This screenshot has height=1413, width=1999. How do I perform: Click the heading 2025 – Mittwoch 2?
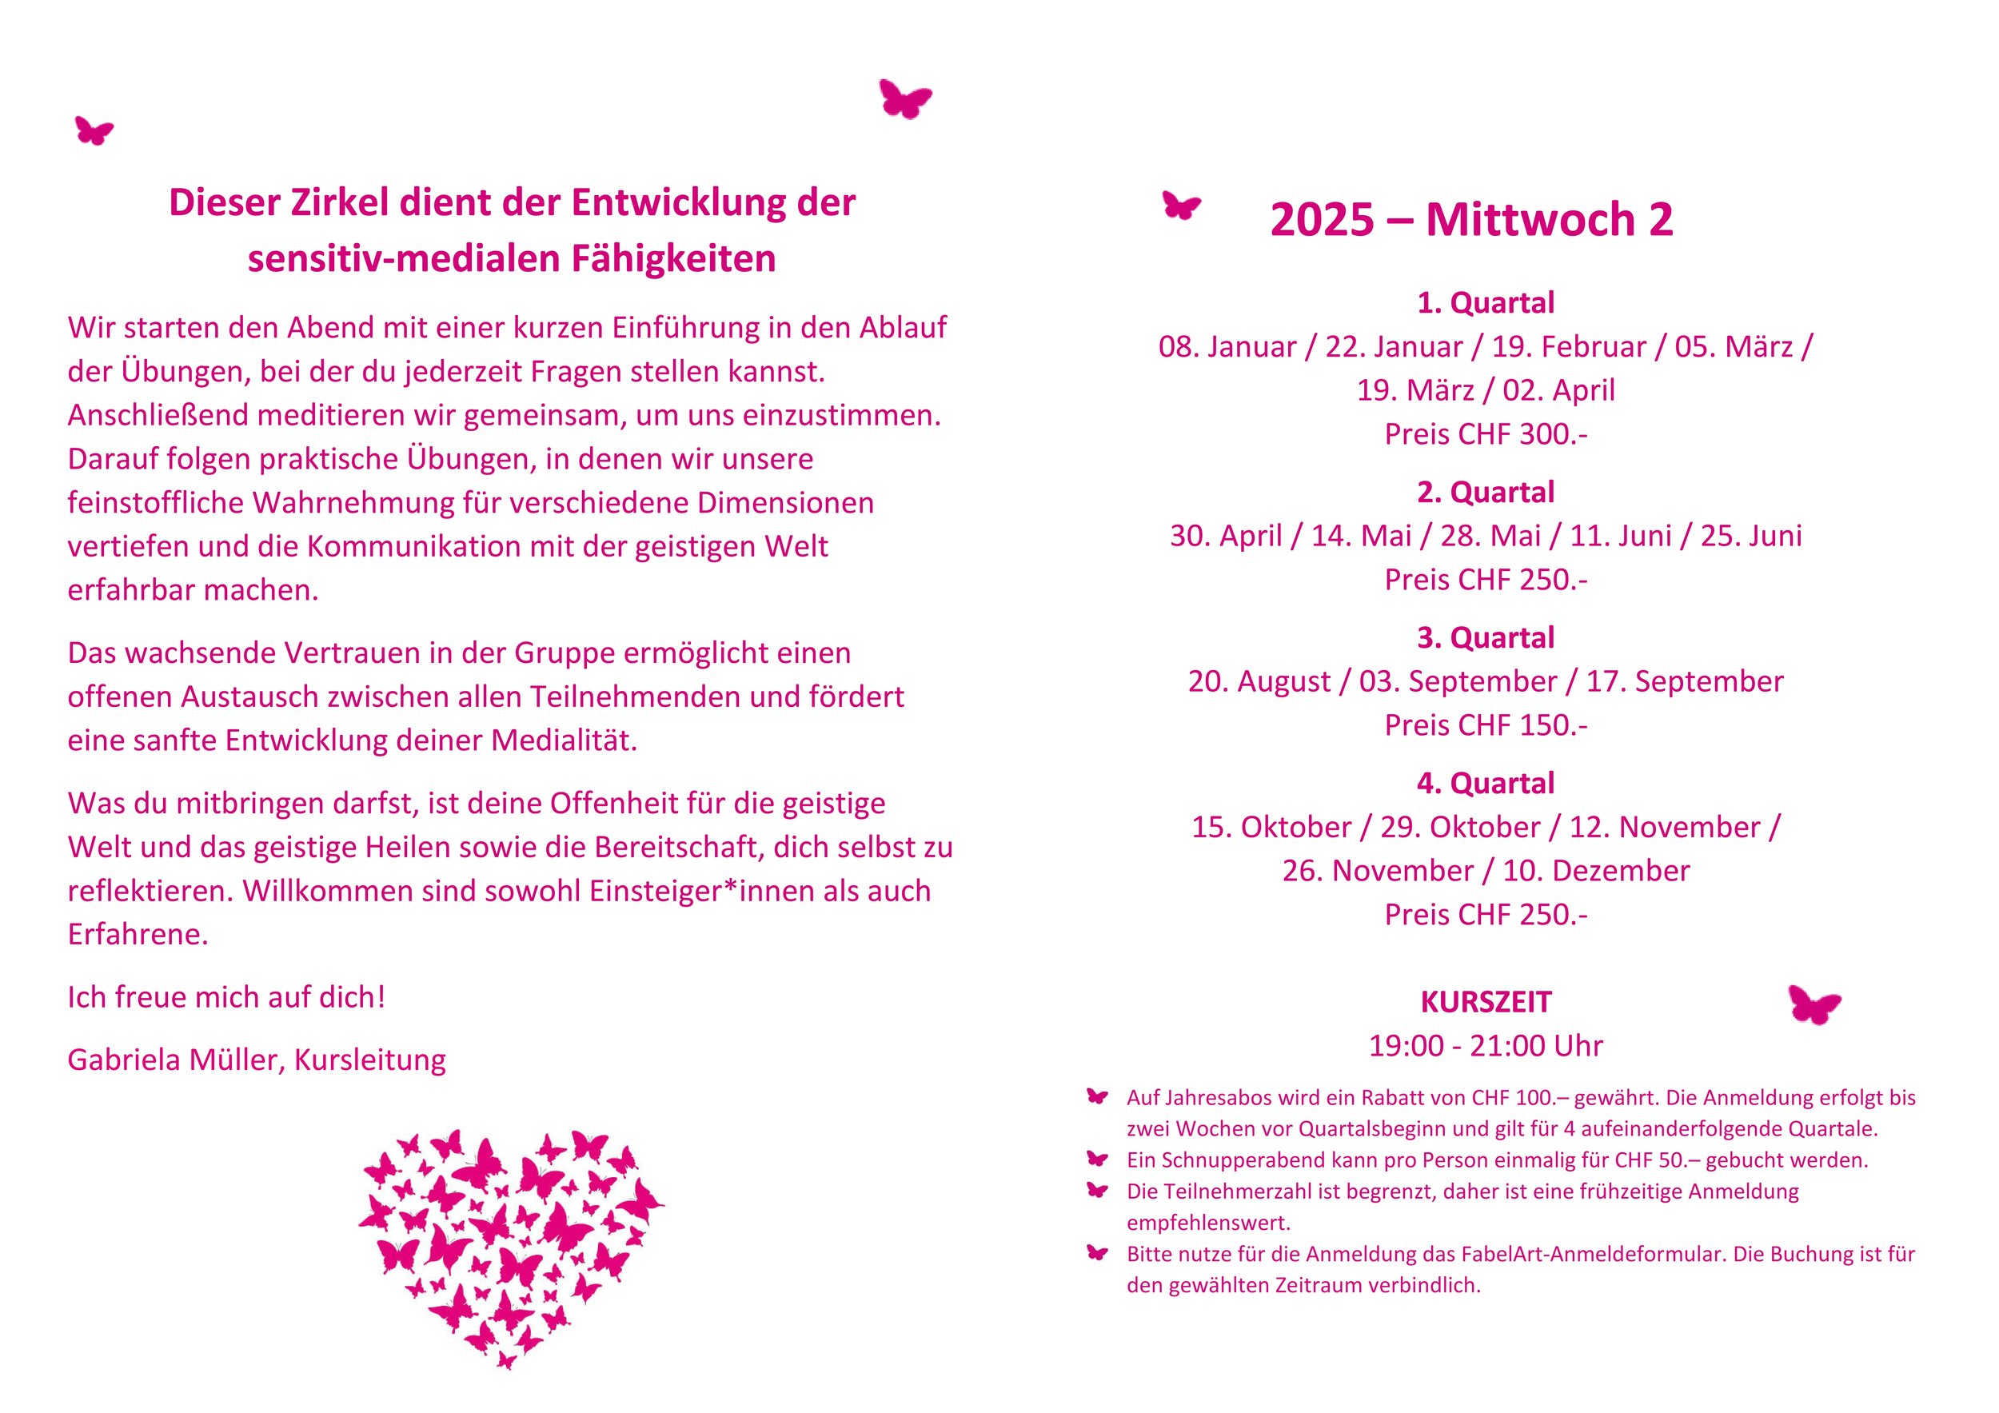[x=1470, y=219]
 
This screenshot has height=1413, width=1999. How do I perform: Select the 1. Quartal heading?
[x=1486, y=303]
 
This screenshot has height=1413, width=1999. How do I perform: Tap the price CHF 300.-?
[x=1486, y=434]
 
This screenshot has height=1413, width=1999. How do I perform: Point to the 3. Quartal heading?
[x=1486, y=638]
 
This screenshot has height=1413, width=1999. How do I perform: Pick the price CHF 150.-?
[x=1486, y=725]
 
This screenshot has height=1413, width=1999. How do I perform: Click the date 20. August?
[x=1259, y=681]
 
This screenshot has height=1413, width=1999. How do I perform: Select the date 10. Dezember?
[x=1596, y=871]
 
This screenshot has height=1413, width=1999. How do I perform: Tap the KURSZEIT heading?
[x=1486, y=1002]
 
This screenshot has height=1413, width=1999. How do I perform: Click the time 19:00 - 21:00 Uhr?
[x=1486, y=1046]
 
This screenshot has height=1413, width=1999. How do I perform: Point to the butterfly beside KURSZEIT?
[x=1814, y=1004]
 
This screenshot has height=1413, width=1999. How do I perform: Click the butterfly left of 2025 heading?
[x=1182, y=206]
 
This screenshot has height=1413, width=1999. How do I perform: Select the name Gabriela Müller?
[x=174, y=1060]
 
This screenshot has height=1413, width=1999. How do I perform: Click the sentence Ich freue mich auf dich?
[x=226, y=997]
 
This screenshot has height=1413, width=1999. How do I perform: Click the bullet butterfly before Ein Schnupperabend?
[x=1098, y=1159]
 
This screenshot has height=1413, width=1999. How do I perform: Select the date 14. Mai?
[x=1361, y=537]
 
